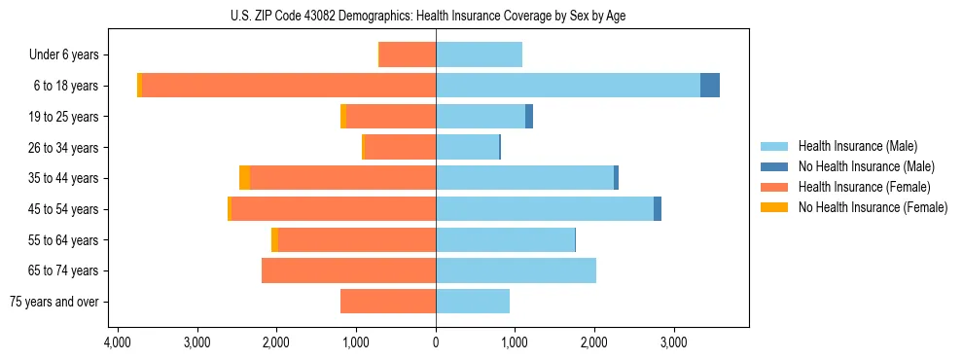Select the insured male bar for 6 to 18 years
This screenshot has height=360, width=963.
pyautogui.click(x=568, y=86)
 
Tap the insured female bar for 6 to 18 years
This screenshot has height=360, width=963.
pyautogui.click(x=289, y=86)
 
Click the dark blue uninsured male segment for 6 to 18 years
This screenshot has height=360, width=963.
pyautogui.click(x=710, y=86)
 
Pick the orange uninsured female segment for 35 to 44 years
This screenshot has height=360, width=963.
pyautogui.click(x=244, y=178)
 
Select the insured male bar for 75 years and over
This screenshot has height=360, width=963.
pyautogui.click(x=473, y=302)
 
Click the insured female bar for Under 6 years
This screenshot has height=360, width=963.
pyautogui.click(x=408, y=54)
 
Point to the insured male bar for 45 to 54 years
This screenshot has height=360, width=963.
pyautogui.click(x=545, y=209)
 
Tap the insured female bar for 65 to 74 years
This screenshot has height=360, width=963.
pyautogui.click(x=348, y=270)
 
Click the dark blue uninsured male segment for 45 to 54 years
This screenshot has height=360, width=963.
pyautogui.click(x=658, y=209)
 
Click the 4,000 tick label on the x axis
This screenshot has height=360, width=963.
pyautogui.click(x=117, y=343)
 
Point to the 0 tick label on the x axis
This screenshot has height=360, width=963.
pyautogui.click(x=436, y=343)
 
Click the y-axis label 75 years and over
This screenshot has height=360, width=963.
pyautogui.click(x=54, y=302)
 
